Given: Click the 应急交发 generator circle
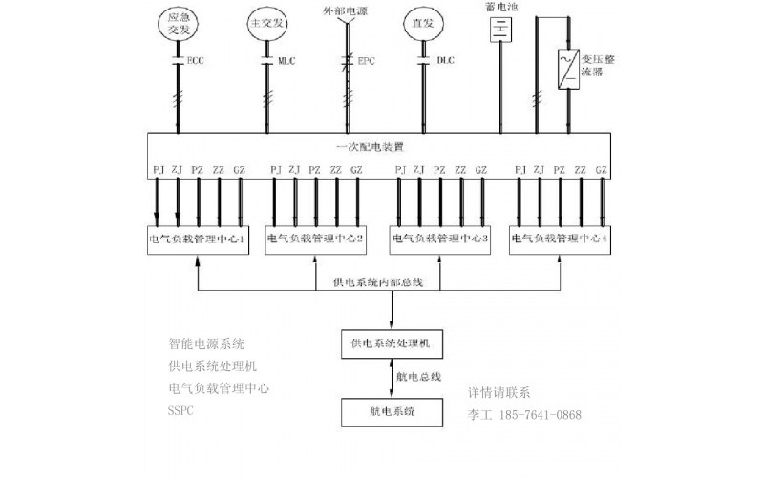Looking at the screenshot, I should click(179, 24).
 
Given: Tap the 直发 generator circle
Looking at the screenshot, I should click(422, 25).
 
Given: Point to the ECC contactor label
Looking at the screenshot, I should click(196, 60).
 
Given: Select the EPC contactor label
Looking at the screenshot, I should click(366, 60).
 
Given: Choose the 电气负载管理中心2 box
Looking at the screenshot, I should click(315, 239).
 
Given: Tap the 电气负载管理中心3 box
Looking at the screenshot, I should click(440, 239).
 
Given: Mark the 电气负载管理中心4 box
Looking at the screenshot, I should click(560, 239).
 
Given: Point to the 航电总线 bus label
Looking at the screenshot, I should click(419, 377).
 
